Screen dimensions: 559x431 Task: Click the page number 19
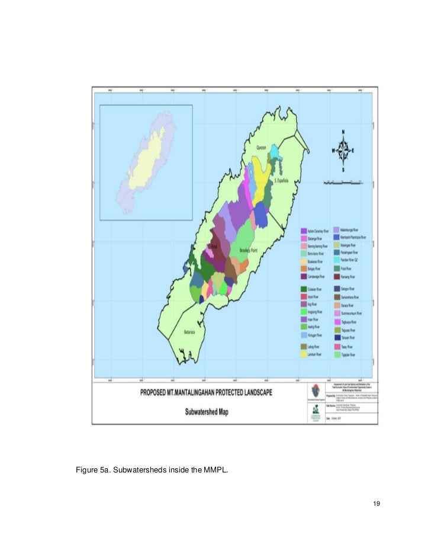tap(377, 504)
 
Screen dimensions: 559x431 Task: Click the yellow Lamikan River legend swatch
tap(303, 354)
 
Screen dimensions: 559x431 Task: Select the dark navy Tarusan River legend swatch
tap(336, 337)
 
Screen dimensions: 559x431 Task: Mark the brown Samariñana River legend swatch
tap(336, 296)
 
